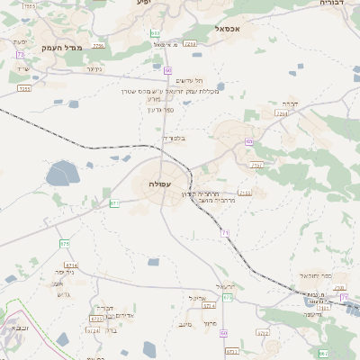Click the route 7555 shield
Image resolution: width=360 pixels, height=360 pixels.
(30, 6)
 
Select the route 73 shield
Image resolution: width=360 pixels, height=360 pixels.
(20, 55)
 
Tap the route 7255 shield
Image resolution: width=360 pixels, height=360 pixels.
(24, 88)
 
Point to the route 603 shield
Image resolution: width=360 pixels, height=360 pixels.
(156, 32)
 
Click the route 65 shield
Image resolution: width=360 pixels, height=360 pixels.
(248, 141)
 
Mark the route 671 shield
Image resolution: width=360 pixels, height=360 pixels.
(114, 203)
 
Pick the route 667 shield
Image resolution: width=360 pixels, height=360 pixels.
(322, 354)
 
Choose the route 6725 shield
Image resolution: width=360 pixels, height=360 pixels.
(96, 318)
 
